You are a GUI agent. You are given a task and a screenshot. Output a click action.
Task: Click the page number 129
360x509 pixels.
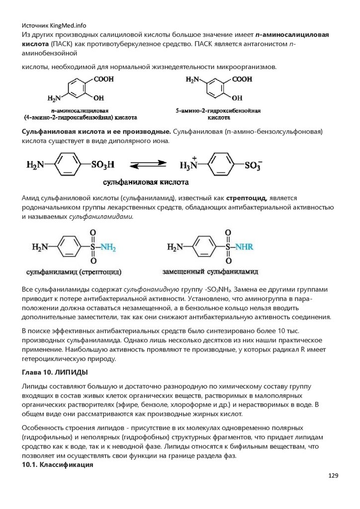pos(333,476)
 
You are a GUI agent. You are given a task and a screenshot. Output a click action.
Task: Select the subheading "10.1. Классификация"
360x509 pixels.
pos(57,465)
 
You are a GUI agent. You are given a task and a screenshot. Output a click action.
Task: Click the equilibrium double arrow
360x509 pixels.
pos(148,165)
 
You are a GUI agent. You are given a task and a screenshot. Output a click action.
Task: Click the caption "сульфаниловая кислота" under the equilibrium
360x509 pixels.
pos(146,182)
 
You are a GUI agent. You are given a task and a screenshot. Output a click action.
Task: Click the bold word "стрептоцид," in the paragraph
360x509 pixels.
pos(248,198)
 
